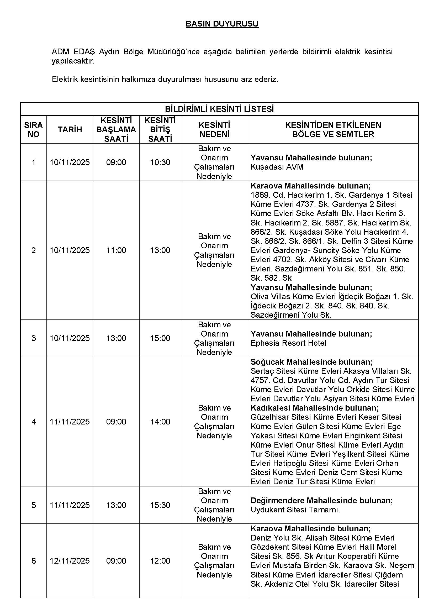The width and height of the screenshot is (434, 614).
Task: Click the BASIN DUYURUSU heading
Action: tap(222, 24)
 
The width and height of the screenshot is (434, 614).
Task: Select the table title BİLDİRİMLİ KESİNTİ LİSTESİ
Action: tap(219, 109)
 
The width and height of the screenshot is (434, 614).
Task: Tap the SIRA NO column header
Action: tap(33, 130)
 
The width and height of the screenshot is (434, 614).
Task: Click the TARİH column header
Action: tap(70, 130)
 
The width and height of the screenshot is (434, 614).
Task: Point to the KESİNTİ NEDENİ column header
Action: tap(214, 130)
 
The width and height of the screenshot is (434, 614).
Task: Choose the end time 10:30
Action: tap(160, 162)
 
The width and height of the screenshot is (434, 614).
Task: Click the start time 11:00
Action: tap(116, 250)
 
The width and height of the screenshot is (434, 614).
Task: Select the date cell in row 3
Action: tap(70, 338)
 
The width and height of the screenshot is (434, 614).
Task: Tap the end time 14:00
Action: tap(160, 422)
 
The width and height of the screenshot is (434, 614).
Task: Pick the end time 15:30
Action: tap(160, 505)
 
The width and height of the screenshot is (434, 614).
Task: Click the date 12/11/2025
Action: tap(70, 561)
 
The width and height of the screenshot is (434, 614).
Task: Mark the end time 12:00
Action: tap(160, 561)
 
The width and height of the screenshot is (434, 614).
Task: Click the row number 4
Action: tap(33, 422)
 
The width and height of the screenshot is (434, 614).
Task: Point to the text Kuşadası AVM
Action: tap(277, 167)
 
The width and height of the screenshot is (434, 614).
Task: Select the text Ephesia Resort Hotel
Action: tap(288, 343)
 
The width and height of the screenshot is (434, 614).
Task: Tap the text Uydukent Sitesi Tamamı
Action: tap(295, 510)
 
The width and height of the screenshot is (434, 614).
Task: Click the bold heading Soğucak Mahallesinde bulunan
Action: tap(311, 362)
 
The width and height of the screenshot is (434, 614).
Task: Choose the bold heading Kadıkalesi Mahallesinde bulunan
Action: tap(315, 408)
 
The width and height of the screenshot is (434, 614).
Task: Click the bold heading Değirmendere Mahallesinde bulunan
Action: tap(321, 501)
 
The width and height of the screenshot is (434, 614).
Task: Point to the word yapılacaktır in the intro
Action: tap(73, 61)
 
